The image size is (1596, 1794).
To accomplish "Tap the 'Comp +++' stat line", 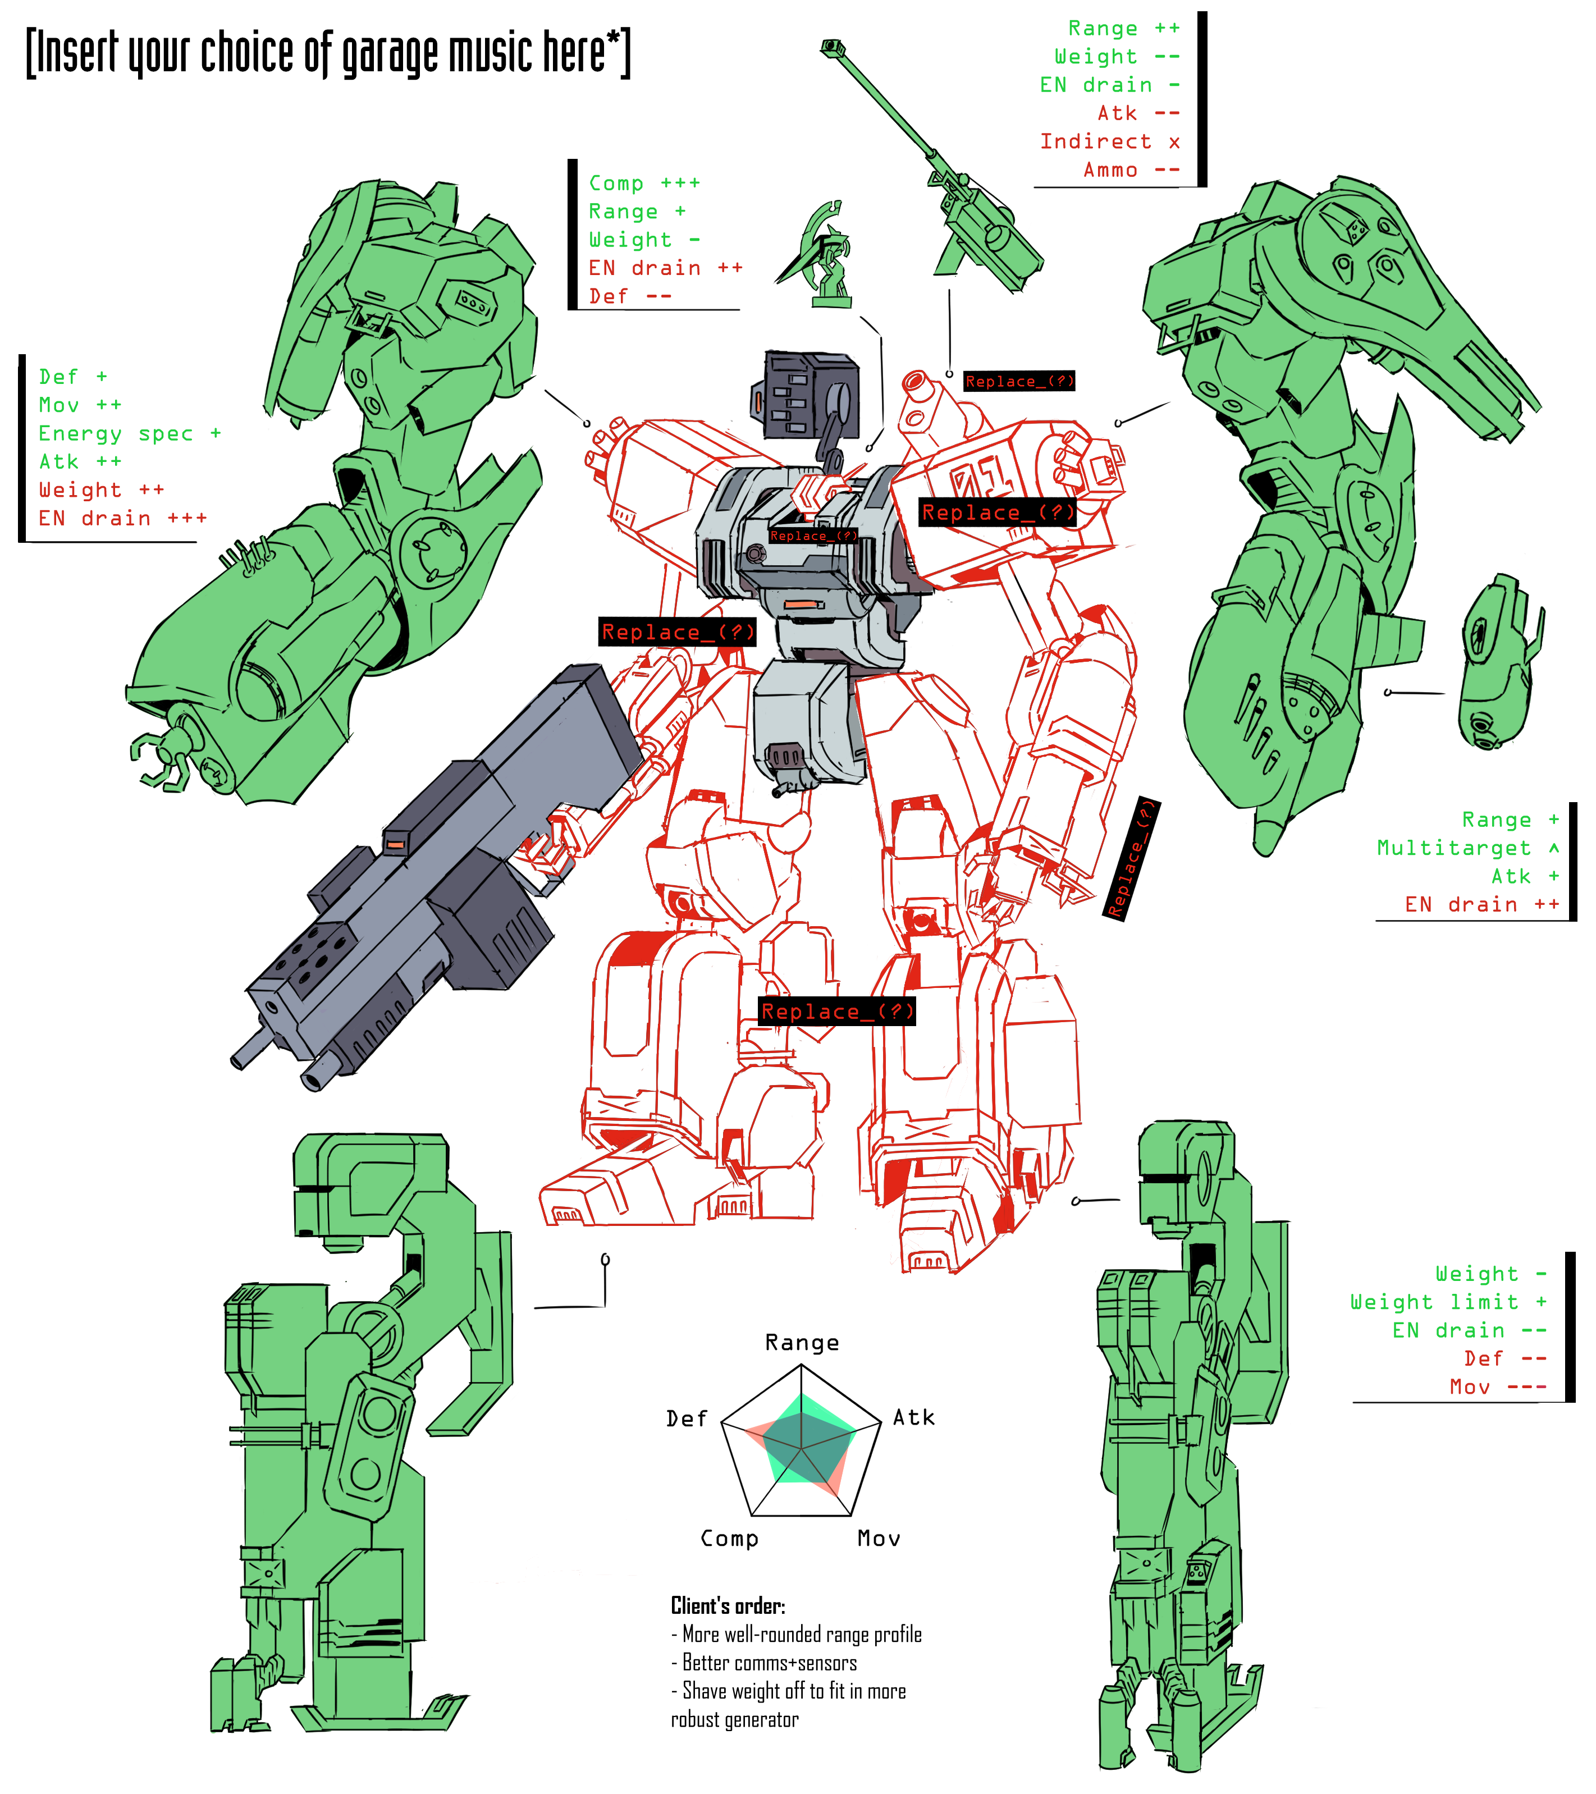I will click(x=644, y=184).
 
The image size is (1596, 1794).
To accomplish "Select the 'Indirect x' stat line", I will click(x=1110, y=141).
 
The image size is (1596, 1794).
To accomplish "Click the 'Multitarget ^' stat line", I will click(x=1467, y=848).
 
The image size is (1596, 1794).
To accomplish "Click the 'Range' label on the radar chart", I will click(x=802, y=1343).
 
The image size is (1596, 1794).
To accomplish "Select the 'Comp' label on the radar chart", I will click(x=729, y=1539).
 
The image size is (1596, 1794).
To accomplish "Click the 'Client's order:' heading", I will click(x=728, y=1606).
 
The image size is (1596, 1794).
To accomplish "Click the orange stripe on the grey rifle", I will click(x=395, y=844).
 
